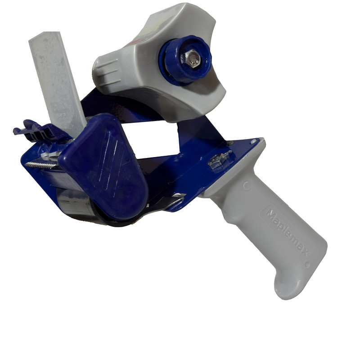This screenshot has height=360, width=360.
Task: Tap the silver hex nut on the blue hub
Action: (193, 58)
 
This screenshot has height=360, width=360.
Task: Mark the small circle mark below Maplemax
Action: (307, 264)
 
